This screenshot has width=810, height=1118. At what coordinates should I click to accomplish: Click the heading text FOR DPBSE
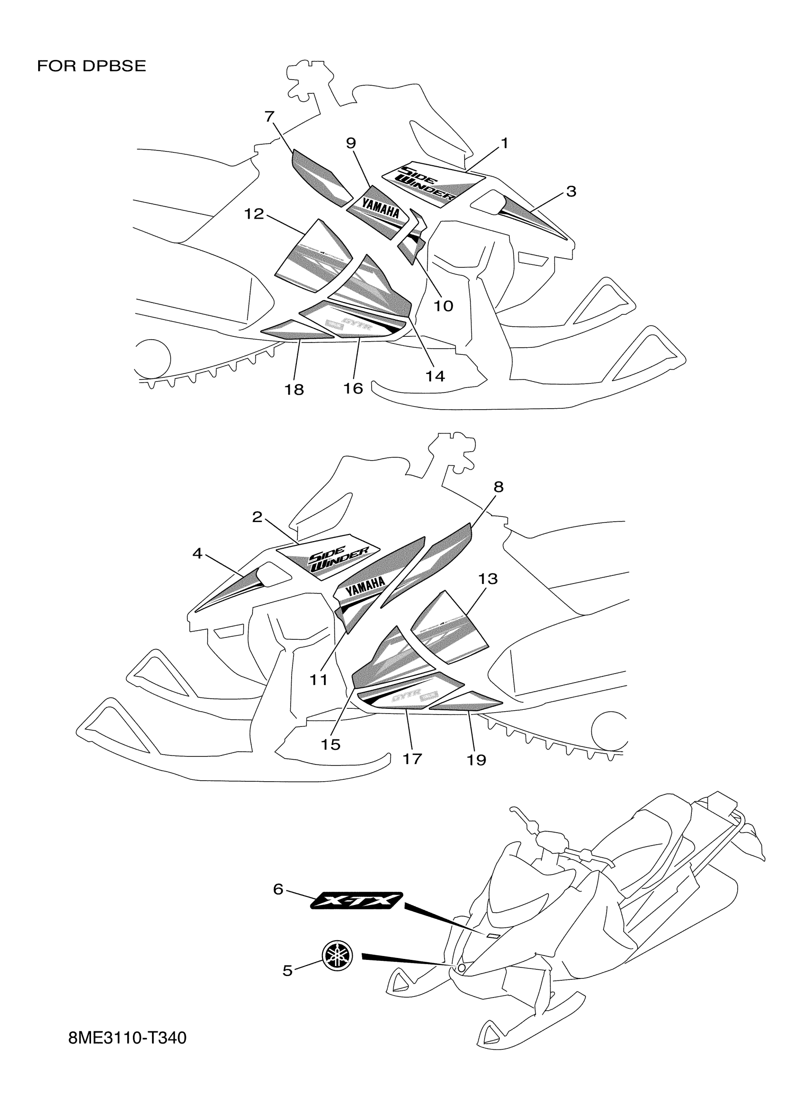(x=91, y=66)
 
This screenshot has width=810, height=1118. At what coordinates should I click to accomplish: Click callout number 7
(x=269, y=116)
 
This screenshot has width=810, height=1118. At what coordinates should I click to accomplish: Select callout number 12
(x=254, y=214)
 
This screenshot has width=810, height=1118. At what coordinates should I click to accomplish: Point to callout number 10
(x=443, y=306)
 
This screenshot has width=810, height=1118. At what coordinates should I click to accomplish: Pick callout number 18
(x=294, y=390)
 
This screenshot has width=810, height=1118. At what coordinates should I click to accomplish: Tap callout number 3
(x=571, y=191)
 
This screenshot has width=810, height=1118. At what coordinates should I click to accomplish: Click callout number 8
(x=498, y=487)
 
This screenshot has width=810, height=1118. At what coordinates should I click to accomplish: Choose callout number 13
(x=487, y=579)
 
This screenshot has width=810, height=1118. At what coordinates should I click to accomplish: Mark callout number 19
(x=476, y=760)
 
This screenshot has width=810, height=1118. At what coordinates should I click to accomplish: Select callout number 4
(x=197, y=554)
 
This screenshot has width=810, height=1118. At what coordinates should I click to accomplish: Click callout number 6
(x=278, y=889)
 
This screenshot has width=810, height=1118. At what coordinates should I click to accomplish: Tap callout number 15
(x=330, y=745)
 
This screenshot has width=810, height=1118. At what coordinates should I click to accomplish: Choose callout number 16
(x=353, y=389)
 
